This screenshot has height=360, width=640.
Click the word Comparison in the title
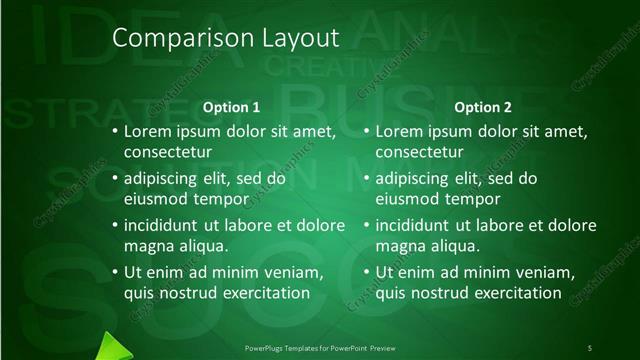tap(170, 38)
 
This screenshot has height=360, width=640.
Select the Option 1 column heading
tap(231, 107)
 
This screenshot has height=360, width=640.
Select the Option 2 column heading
tap(482, 107)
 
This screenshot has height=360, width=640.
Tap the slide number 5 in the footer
tap(590, 347)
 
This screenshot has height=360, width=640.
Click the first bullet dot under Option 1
tap(113, 131)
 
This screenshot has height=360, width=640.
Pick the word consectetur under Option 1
tap(168, 152)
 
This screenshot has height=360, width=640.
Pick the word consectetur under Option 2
tap(419, 152)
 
